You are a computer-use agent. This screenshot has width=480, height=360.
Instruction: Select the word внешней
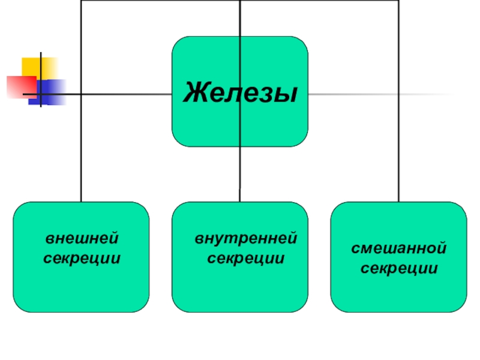click(x=82, y=239)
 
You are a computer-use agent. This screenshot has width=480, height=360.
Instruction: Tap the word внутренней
click(x=245, y=239)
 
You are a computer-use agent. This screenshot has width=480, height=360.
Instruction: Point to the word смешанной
click(x=398, y=247)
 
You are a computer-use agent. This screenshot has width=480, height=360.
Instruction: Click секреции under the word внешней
click(x=82, y=259)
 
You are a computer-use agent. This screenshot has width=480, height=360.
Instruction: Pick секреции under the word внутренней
click(x=245, y=259)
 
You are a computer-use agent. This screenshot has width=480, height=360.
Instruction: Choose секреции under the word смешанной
click(x=398, y=267)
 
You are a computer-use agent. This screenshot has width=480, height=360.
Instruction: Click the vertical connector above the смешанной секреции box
click(x=398, y=120)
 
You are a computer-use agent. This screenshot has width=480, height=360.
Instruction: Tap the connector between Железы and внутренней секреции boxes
click(x=240, y=174)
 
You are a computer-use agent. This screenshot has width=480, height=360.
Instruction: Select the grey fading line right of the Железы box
click(x=378, y=95)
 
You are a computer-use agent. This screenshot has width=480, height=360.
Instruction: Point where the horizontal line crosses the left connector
click(x=82, y=95)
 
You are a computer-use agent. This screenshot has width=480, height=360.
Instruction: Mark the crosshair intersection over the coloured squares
click(x=41, y=95)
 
